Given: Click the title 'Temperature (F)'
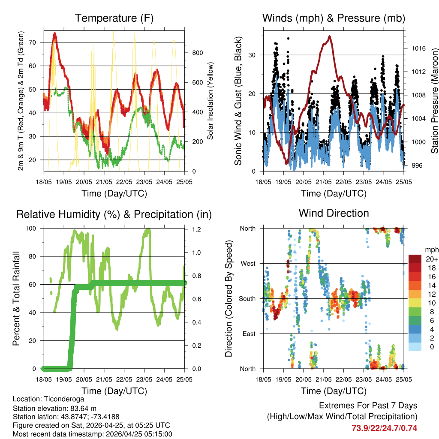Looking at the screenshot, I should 114,18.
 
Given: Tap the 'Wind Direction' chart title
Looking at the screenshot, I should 334,213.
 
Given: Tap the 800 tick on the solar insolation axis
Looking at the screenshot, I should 197,53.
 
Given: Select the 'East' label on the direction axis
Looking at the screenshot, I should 248,334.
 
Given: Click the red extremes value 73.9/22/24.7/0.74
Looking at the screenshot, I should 385,428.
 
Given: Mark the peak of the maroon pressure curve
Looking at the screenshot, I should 329,36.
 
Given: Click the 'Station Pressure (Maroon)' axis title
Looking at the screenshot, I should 434,101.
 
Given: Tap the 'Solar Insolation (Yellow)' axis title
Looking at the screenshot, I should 210,101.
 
